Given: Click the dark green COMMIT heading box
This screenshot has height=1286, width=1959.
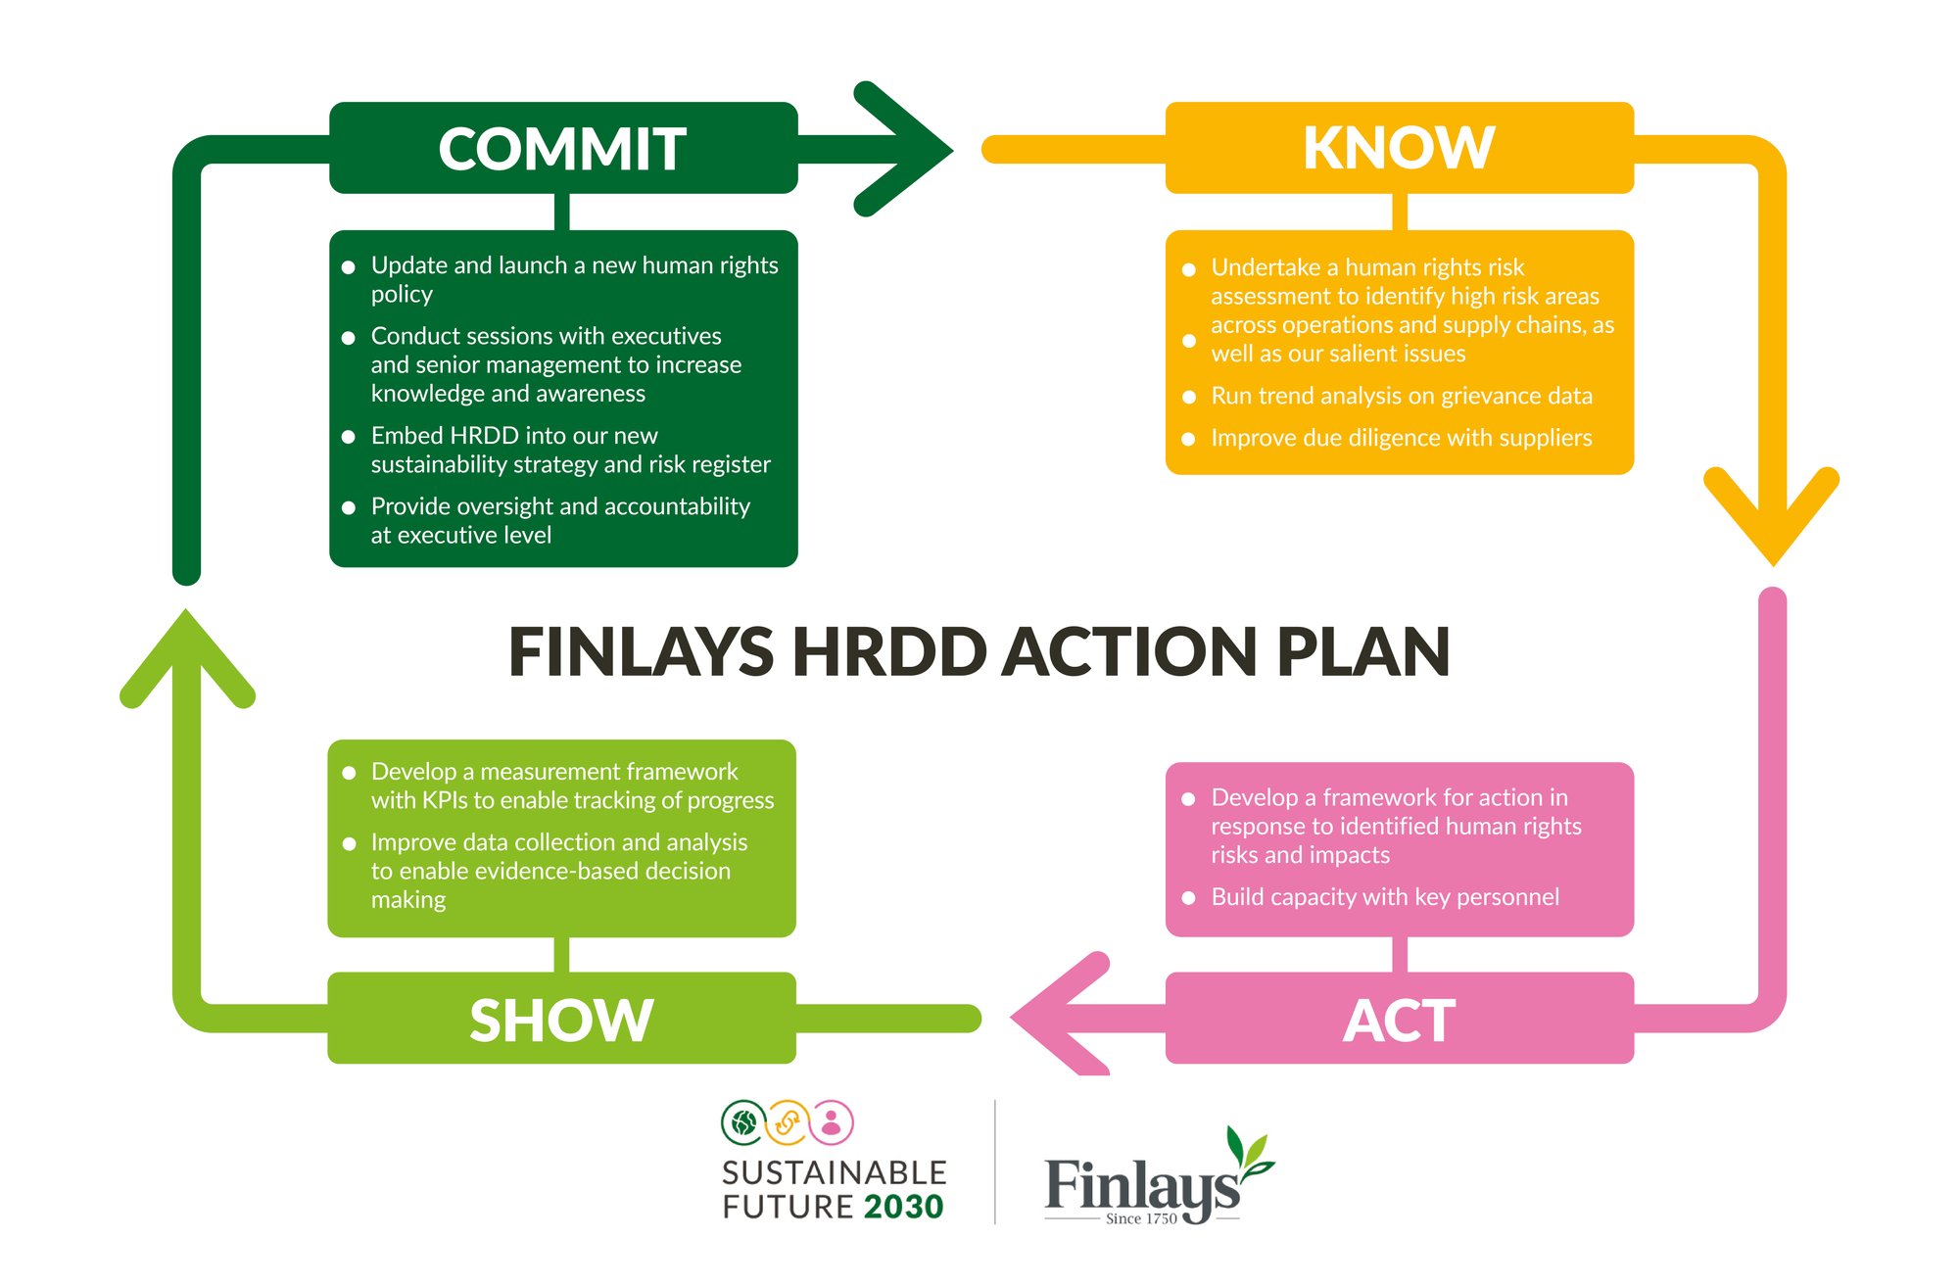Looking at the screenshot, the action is tap(563, 148).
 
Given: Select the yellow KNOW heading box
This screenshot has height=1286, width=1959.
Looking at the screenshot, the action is tap(1400, 148).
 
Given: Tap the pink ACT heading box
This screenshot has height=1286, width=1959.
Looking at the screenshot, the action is tap(1400, 1019).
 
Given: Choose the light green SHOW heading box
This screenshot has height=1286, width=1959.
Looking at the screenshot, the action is tap(561, 1019).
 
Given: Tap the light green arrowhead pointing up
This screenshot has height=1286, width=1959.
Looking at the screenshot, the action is tap(186, 656).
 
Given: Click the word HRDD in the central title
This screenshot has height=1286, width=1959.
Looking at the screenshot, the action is tap(888, 651).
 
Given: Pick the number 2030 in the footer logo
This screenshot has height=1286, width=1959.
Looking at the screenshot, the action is tap(904, 1207).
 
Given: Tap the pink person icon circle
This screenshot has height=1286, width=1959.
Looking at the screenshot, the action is tap(832, 1122).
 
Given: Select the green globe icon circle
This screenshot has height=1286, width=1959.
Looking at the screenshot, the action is tap(743, 1122).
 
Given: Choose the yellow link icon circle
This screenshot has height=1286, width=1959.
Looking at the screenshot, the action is tap(788, 1122).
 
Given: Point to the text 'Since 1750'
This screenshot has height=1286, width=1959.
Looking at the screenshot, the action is tap(1141, 1218).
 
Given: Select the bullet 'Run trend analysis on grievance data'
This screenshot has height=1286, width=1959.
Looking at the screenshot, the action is tap(1388, 396).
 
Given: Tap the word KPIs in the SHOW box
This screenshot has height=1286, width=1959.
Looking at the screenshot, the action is tap(444, 800).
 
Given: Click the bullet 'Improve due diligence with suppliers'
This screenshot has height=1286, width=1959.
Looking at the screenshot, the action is tap(1388, 438).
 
